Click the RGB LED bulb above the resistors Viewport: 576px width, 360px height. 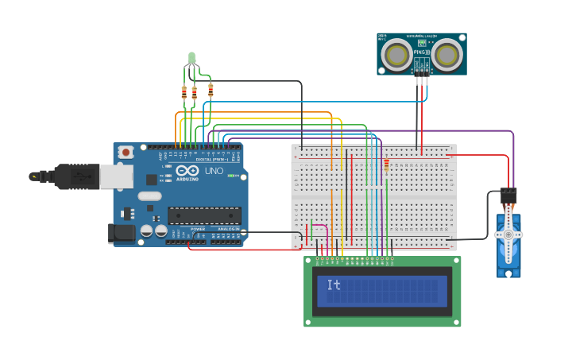(x=191, y=57)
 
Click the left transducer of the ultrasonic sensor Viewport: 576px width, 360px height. (x=395, y=54)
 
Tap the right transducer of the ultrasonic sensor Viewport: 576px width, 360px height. (x=447, y=54)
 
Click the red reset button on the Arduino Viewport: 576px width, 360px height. (x=126, y=153)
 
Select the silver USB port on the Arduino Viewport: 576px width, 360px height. (x=115, y=176)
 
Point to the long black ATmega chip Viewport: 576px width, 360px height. (x=203, y=215)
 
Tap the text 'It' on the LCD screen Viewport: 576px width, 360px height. (x=334, y=285)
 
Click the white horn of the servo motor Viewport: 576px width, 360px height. (x=508, y=235)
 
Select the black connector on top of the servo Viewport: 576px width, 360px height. (x=508, y=195)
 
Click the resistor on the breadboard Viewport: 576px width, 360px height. (x=387, y=165)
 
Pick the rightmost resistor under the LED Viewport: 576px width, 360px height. (x=211, y=90)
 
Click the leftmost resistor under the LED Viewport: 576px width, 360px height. (x=184, y=93)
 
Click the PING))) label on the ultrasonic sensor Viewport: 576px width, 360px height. (x=420, y=52)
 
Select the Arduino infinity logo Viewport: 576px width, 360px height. (x=187, y=171)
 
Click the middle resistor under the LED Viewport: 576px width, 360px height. (x=194, y=93)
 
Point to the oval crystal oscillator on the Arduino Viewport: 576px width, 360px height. (x=149, y=196)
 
